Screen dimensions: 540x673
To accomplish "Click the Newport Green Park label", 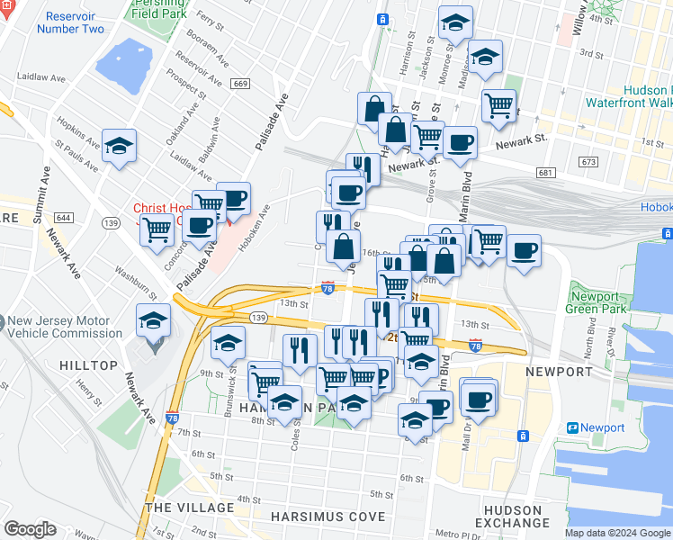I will (x=595, y=302).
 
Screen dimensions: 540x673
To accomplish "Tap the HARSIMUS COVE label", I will (x=328, y=517).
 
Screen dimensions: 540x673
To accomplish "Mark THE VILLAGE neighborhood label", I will (x=190, y=508).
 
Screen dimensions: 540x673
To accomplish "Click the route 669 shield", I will (x=239, y=84).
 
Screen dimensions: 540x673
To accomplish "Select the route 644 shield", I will (x=64, y=218).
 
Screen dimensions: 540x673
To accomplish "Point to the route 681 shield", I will (x=544, y=172).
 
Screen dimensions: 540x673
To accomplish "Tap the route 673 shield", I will (x=588, y=162).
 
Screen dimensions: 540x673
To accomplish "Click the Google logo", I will (x=30, y=529).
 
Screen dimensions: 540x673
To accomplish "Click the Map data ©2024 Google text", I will (x=617, y=533).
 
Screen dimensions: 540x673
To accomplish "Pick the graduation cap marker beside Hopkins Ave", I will (x=119, y=148).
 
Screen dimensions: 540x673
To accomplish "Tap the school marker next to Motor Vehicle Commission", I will (x=154, y=320).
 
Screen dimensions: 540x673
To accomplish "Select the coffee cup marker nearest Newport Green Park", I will (x=524, y=251).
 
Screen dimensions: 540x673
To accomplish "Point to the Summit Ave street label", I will (x=40, y=193).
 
